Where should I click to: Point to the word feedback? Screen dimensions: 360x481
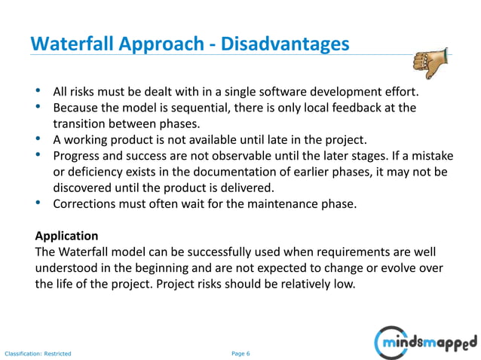tap(360, 108)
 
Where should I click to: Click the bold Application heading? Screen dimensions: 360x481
tap(66, 236)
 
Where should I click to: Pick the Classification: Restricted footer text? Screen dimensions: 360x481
tap(38, 352)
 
